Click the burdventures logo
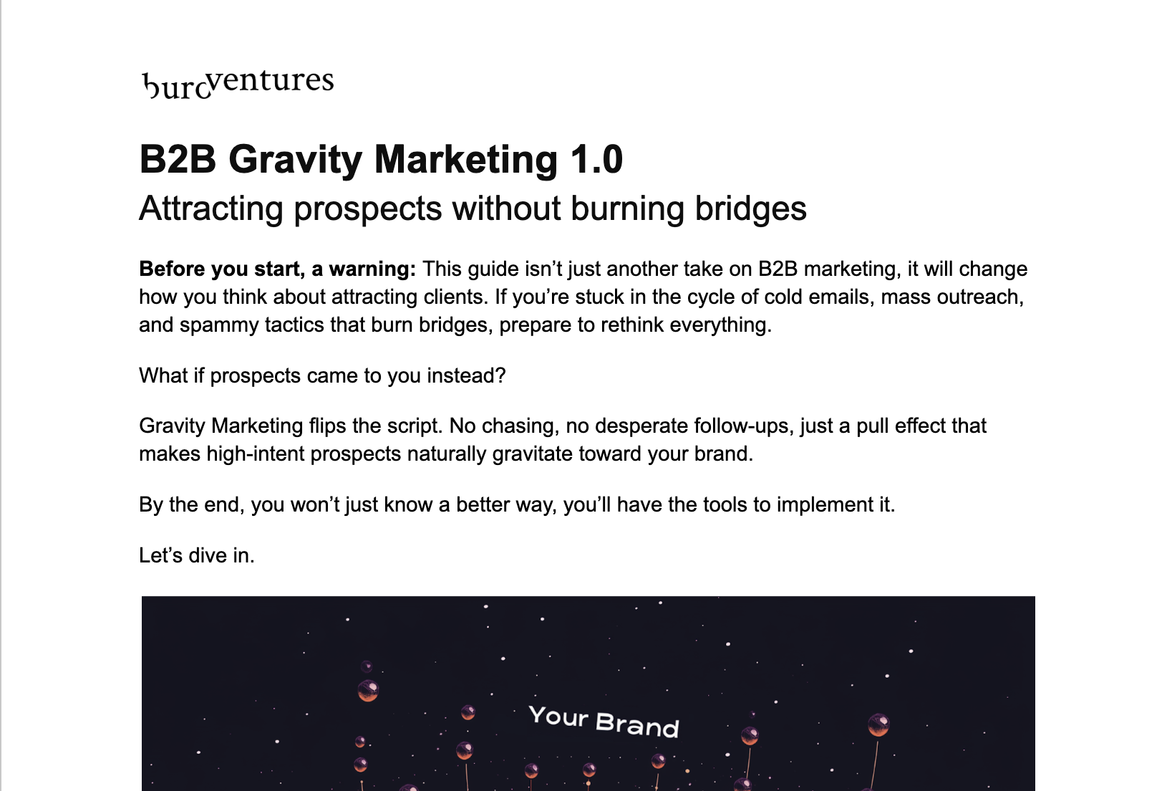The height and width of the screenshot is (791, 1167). (238, 83)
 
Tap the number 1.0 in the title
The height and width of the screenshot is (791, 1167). (596, 160)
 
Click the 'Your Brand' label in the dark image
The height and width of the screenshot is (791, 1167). (604, 721)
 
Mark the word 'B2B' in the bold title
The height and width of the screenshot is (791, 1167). (178, 160)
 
